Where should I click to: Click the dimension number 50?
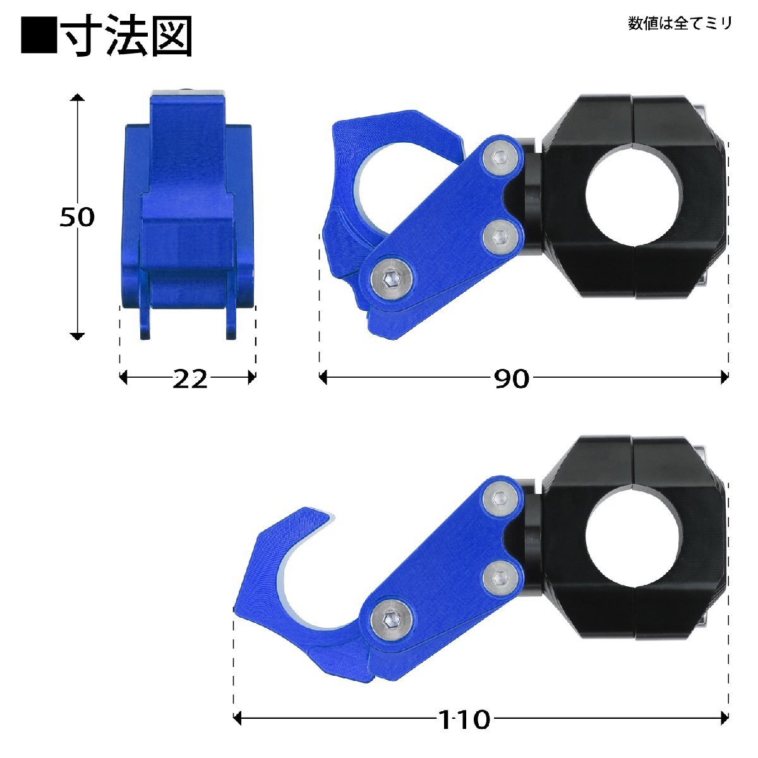[x=76, y=217]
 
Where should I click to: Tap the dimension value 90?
[x=512, y=378]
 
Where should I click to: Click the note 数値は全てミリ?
[x=680, y=24]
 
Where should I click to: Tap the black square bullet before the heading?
[x=38, y=37]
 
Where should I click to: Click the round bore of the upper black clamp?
[x=633, y=197]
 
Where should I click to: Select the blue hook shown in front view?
[x=188, y=215]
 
